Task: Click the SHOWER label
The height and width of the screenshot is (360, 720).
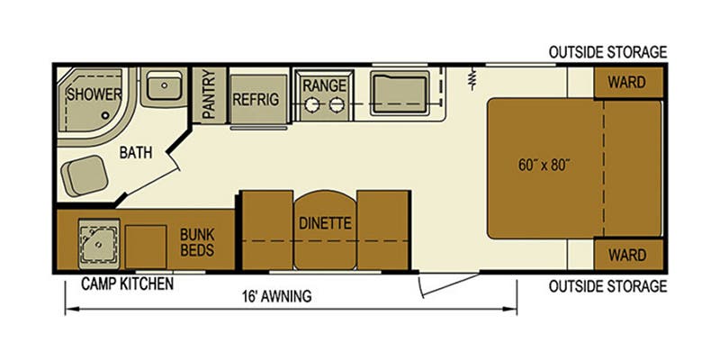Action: point(94,94)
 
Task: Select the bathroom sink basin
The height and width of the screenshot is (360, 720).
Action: point(165,86)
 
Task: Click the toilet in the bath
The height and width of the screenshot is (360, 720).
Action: point(84,175)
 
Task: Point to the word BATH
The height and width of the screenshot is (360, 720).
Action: point(136,152)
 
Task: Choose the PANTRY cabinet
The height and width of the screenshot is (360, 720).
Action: point(209,95)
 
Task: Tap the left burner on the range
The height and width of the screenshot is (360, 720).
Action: point(311,104)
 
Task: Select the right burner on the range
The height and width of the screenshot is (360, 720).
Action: point(337,104)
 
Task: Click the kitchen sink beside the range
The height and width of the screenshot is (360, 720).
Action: point(400,93)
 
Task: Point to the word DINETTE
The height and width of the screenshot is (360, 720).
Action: point(325,223)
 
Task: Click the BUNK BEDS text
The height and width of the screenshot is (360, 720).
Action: point(197,242)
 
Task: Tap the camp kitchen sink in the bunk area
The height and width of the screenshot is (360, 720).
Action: point(99,243)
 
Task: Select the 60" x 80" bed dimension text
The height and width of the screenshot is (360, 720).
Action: point(544,166)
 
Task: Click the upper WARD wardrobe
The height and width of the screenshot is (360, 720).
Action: point(628,83)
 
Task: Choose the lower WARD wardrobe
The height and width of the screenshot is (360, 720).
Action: point(628,254)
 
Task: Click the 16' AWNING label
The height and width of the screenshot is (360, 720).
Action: point(277,296)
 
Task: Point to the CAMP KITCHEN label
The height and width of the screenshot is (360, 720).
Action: point(127,283)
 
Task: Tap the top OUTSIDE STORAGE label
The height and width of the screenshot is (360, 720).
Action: point(607,52)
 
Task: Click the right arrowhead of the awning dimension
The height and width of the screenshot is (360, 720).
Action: point(510,309)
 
